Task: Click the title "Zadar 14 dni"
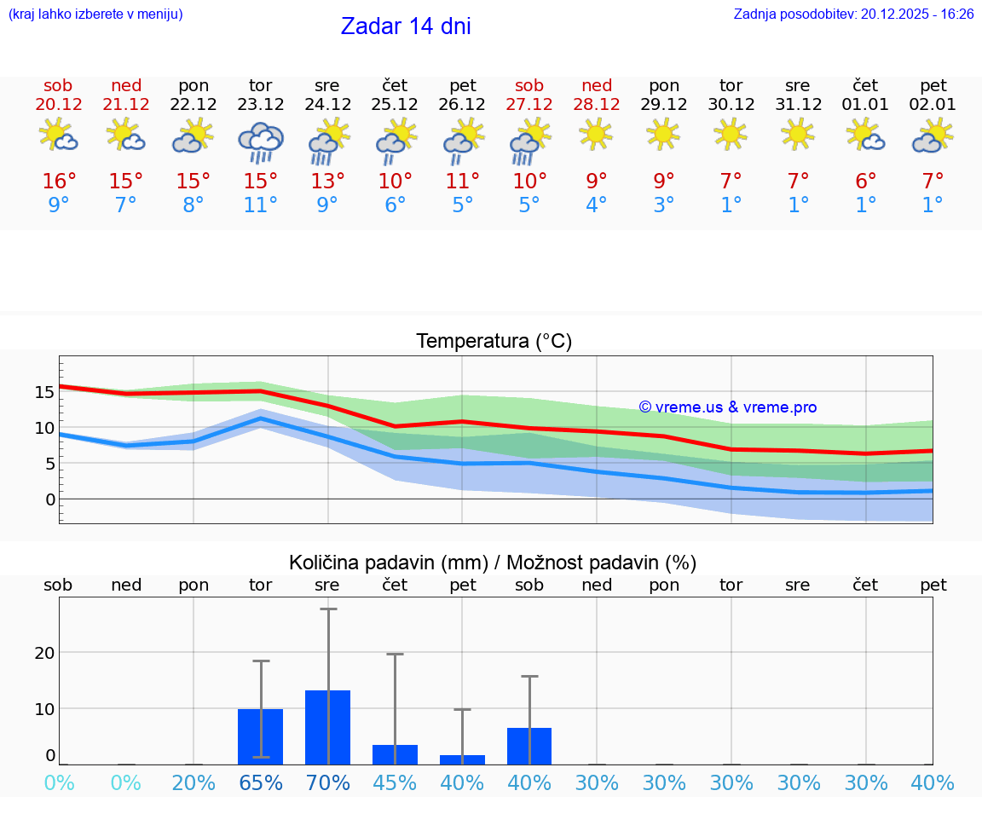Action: (x=406, y=26)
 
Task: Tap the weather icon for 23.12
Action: (x=260, y=141)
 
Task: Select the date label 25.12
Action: (x=395, y=105)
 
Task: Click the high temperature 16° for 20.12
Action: (x=59, y=182)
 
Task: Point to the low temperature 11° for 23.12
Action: (x=260, y=205)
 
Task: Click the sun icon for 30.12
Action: (x=731, y=134)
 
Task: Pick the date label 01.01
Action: (x=865, y=105)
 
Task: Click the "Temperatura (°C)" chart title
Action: (x=494, y=342)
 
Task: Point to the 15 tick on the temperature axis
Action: (x=44, y=392)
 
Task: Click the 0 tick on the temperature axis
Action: (x=49, y=499)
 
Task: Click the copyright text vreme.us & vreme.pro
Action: (x=727, y=407)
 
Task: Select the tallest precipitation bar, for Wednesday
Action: (x=328, y=727)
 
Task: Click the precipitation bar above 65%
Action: (x=260, y=736)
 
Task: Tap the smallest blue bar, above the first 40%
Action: (x=462, y=759)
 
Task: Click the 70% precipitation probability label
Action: (x=328, y=783)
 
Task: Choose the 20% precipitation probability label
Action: (x=194, y=783)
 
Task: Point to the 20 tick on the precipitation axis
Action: (x=44, y=653)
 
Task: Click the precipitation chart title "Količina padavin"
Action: (x=388, y=563)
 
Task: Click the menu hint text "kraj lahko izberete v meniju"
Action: (x=95, y=14)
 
